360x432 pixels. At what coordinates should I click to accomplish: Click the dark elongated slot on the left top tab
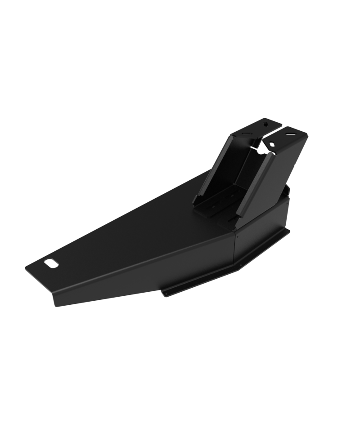[x=247, y=134]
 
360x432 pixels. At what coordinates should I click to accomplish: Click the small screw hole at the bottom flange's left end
[x=166, y=294]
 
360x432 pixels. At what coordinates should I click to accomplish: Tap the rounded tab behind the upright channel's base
[x=287, y=191]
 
